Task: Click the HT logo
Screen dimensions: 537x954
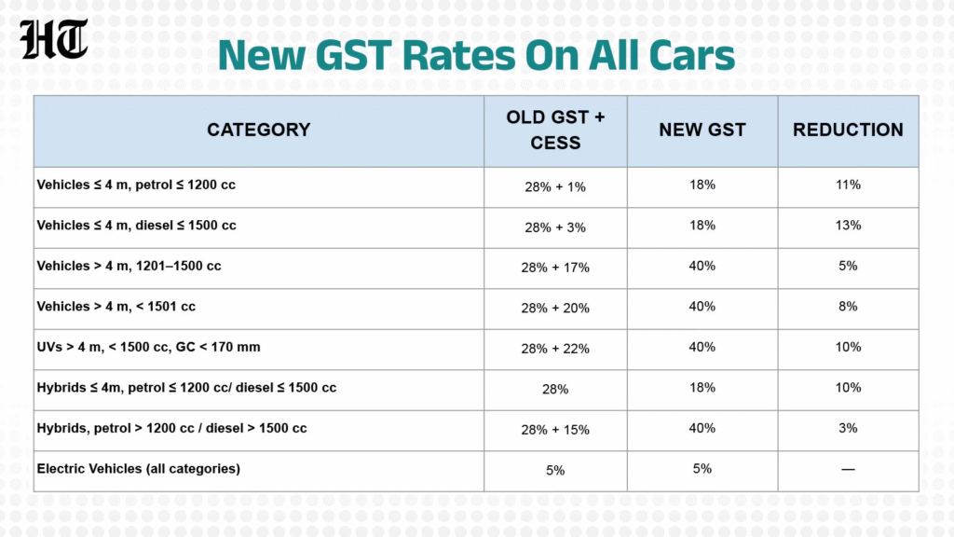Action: pyautogui.click(x=55, y=39)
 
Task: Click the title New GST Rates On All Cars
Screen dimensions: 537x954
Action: pyautogui.click(x=476, y=55)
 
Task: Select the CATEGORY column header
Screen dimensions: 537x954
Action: pyautogui.click(x=258, y=130)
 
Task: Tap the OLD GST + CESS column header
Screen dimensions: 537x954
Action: pyautogui.click(x=555, y=130)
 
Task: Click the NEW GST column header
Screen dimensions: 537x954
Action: pyautogui.click(x=702, y=130)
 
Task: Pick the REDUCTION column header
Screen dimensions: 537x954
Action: pyautogui.click(x=848, y=130)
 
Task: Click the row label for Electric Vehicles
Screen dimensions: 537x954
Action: pyautogui.click(x=138, y=468)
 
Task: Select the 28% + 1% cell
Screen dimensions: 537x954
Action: pyautogui.click(x=555, y=186)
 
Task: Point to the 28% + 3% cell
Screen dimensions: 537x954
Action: pyautogui.click(x=555, y=227)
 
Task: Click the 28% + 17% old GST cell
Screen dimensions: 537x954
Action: pyautogui.click(x=555, y=268)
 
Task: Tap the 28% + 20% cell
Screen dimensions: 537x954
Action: pyautogui.click(x=555, y=308)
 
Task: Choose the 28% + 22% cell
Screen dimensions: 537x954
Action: pyautogui.click(x=555, y=349)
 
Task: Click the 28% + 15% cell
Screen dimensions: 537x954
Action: pyautogui.click(x=555, y=430)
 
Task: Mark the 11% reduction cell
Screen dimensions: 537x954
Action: pyautogui.click(x=848, y=185)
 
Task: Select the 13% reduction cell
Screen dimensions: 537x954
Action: pyautogui.click(x=848, y=226)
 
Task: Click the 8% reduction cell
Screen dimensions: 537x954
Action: pyautogui.click(x=848, y=306)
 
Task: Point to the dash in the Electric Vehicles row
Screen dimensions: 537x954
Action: pyautogui.click(x=848, y=469)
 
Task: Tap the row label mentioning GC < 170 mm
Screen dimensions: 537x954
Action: pyautogui.click(x=148, y=347)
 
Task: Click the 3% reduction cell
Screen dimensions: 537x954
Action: pyautogui.click(x=848, y=428)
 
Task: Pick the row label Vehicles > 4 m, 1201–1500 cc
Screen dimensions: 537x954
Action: pyautogui.click(x=129, y=266)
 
